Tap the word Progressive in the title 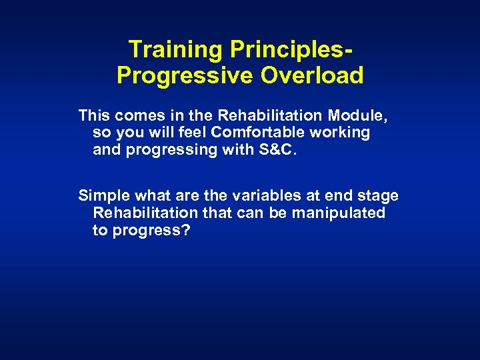185,75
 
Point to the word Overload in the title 312,75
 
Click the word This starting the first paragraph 93,115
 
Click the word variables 259,196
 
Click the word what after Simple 151,196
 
